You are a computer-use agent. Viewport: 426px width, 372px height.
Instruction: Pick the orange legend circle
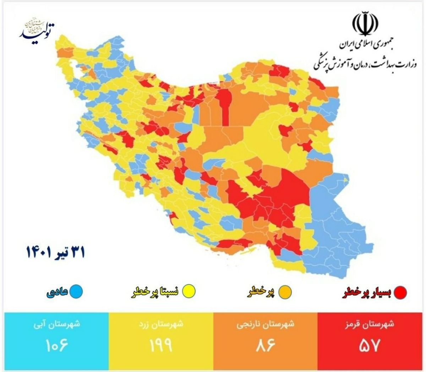click(286, 292)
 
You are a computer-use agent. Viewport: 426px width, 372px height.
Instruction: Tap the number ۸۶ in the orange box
click(266, 345)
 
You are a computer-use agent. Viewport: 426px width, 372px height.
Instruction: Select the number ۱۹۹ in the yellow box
click(161, 345)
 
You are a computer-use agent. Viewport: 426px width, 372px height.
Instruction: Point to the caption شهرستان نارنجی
click(266, 325)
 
